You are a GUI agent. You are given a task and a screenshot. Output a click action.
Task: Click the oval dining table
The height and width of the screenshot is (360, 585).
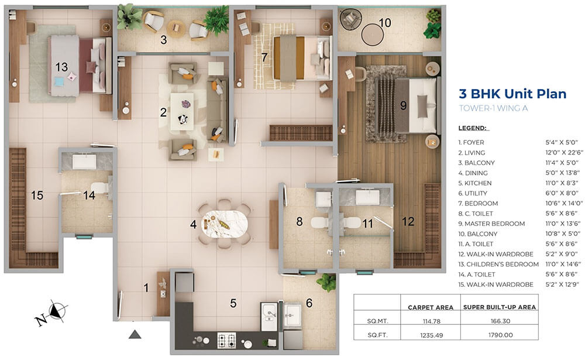tap(225, 224)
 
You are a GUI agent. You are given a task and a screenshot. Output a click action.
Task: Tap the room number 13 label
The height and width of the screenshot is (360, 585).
tap(61, 67)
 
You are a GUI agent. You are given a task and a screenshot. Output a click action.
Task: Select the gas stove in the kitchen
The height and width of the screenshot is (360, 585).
tap(226, 340)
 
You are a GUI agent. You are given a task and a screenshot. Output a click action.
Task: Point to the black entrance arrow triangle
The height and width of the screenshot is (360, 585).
tap(135, 335)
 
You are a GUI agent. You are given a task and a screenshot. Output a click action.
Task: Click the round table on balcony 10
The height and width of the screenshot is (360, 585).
tap(372, 35)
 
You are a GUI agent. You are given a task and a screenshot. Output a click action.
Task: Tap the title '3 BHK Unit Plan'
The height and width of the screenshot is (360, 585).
tap(512, 93)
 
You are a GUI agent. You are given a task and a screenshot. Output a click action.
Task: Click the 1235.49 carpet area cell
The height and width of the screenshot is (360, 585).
tap(431, 335)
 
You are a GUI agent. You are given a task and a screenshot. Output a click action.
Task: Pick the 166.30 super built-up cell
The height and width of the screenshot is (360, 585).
tap(500, 321)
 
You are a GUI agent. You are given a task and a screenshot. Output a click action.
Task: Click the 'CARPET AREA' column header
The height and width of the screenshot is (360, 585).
tap(431, 307)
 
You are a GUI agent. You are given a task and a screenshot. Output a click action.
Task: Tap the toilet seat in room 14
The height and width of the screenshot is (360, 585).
tap(101, 187)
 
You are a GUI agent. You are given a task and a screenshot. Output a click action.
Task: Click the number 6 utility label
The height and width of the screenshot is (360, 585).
tap(309, 303)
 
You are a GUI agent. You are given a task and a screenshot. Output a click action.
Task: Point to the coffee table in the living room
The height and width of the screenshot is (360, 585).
tap(182, 111)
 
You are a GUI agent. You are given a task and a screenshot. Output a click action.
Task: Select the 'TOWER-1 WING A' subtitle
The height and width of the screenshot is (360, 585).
tap(493, 108)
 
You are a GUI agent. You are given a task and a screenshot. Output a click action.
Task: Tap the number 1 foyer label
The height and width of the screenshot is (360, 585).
tap(146, 287)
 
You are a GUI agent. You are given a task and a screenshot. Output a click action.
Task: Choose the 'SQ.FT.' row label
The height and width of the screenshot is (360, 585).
tap(377, 335)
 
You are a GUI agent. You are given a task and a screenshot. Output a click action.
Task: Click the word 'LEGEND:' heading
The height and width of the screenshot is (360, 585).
tap(472, 128)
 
